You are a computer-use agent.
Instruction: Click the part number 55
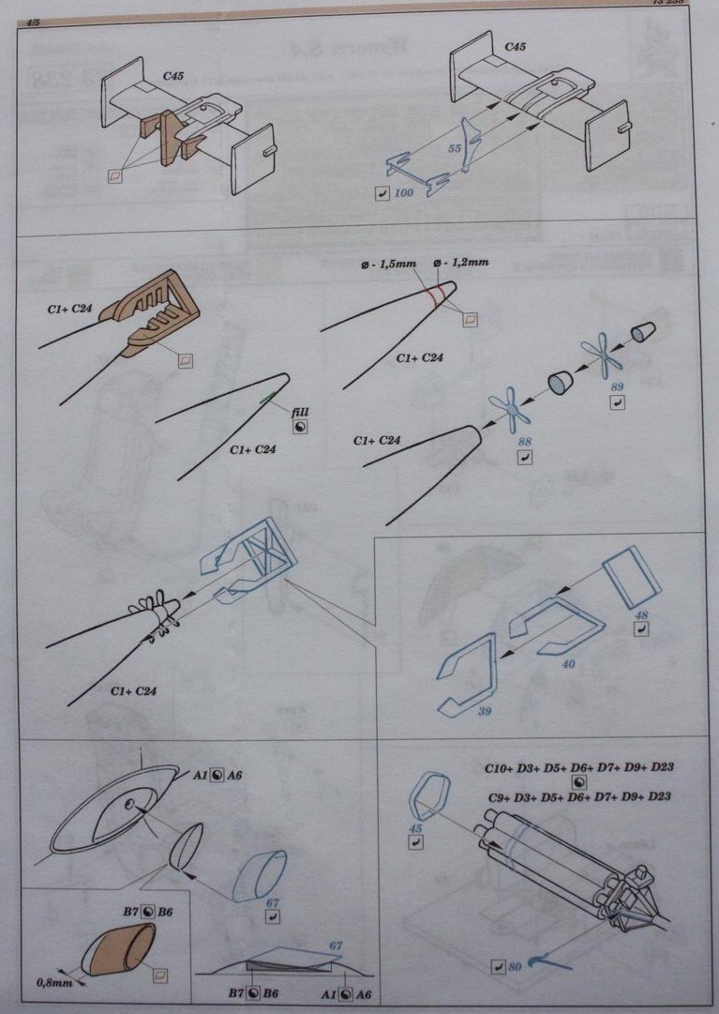(455, 149)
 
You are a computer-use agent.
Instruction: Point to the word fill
(300, 411)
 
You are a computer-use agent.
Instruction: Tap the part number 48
(642, 614)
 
